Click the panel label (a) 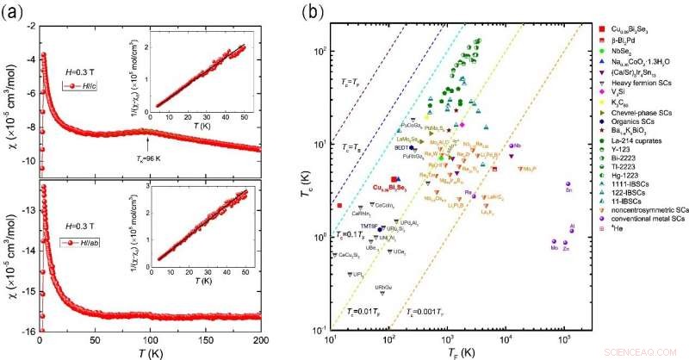(14, 13)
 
